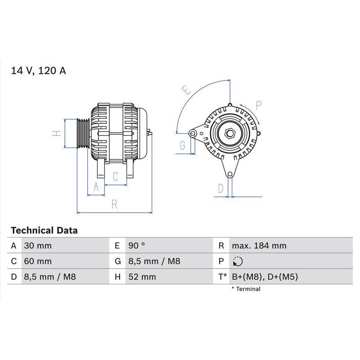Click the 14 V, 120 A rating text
coord(38,71)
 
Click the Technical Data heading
coord(44,230)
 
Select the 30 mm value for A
coord(37,246)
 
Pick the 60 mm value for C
coord(37,261)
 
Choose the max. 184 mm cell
coord(259,246)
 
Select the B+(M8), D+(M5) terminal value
coord(265,276)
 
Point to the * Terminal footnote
coord(246,289)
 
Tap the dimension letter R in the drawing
coord(114,204)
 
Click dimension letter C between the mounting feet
coord(115,176)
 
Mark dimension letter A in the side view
coord(95,188)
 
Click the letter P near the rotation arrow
coord(259,106)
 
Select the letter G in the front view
coord(182,145)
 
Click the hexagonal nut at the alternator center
coord(229,133)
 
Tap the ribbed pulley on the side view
coord(82,133)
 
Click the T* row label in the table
coord(222,276)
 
